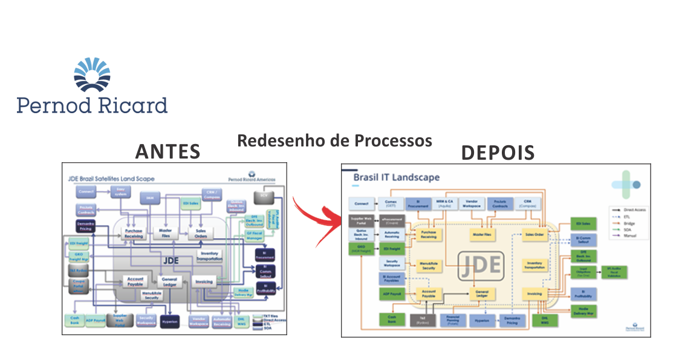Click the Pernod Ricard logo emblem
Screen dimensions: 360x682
pos(92,76)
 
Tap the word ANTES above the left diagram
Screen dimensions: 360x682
pos(168,151)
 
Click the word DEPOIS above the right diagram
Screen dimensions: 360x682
pos(498,152)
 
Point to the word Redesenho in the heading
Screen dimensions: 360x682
pos(276,141)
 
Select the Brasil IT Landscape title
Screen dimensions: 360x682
pos(396,177)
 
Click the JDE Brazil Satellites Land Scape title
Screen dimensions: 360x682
pos(111,178)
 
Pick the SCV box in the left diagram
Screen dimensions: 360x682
pos(263,196)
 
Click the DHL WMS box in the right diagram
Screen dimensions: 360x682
pos(545,319)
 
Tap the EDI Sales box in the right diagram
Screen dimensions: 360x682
pos(583,224)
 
